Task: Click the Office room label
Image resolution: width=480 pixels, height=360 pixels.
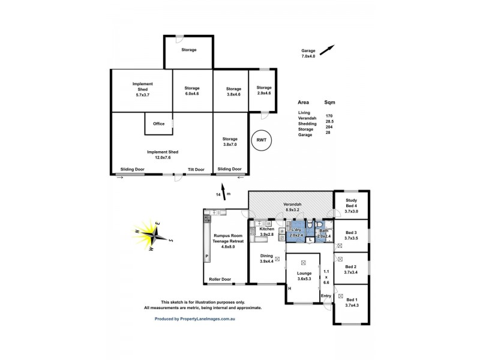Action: (158, 124)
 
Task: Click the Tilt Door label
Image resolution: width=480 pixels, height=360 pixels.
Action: (196, 169)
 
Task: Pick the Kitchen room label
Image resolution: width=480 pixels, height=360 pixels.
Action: (266, 229)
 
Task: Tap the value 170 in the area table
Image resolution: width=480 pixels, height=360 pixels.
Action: (329, 115)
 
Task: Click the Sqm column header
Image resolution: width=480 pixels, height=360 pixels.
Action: (330, 102)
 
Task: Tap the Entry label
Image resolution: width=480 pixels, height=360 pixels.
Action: (326, 296)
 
